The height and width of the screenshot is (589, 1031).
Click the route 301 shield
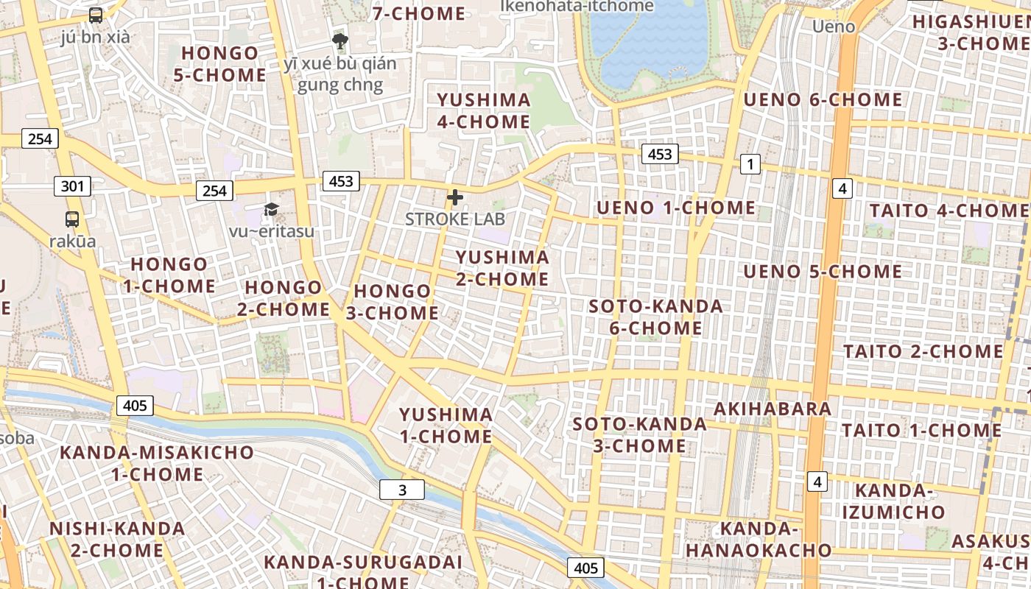point(72,186)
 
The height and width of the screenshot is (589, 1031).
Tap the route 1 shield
point(750,164)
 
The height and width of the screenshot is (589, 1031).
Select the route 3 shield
point(402,490)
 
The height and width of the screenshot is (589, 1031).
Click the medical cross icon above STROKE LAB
point(455,197)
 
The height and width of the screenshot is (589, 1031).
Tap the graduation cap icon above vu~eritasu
point(271,210)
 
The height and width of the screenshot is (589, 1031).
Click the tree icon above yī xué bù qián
point(339,40)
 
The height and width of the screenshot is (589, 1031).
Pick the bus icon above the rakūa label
point(72,219)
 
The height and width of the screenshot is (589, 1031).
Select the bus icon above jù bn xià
point(96,15)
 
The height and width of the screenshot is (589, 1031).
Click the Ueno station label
point(834,27)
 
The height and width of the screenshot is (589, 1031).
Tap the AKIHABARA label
point(773,409)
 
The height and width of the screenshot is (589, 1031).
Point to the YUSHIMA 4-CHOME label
point(484,110)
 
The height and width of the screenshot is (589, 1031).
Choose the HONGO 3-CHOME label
point(393,302)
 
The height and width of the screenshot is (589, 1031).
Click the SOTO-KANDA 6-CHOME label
point(656,317)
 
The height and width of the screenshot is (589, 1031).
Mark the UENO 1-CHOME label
point(676,208)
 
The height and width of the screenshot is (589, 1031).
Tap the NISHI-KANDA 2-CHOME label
point(117,539)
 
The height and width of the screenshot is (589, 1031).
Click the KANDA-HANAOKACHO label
point(759,539)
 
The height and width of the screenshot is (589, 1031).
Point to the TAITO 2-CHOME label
point(923,351)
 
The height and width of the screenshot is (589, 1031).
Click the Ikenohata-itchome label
point(577,6)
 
